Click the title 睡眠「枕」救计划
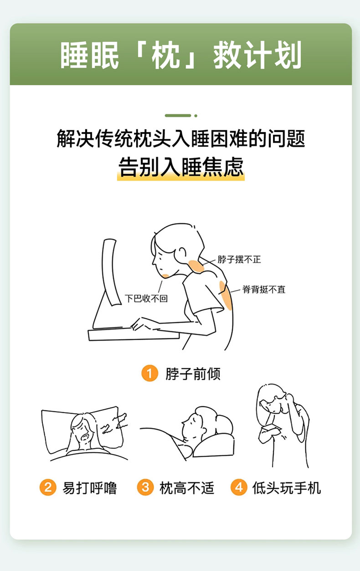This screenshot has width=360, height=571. (x=181, y=55)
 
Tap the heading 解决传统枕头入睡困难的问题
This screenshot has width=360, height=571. (x=181, y=139)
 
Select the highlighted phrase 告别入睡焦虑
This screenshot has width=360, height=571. (x=181, y=167)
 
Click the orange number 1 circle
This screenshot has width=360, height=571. (x=150, y=373)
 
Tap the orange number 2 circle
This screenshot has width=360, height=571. (x=48, y=487)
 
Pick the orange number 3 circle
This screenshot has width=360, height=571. (x=145, y=487)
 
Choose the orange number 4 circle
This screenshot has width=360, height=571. (x=239, y=487)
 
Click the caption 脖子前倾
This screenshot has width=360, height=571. (x=193, y=374)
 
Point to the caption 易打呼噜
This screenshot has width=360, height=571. (x=90, y=488)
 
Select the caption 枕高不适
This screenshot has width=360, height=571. (x=187, y=488)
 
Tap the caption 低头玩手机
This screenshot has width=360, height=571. (x=286, y=488)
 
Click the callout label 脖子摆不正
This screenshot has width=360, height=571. (x=239, y=260)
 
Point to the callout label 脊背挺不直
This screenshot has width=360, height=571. (x=264, y=289)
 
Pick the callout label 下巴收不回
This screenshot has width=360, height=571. (x=146, y=298)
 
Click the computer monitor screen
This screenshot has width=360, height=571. (x=111, y=271)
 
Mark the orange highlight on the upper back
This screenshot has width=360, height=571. (x=226, y=296)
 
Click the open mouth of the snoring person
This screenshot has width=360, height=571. (x=85, y=437)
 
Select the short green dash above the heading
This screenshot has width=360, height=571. (x=178, y=116)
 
